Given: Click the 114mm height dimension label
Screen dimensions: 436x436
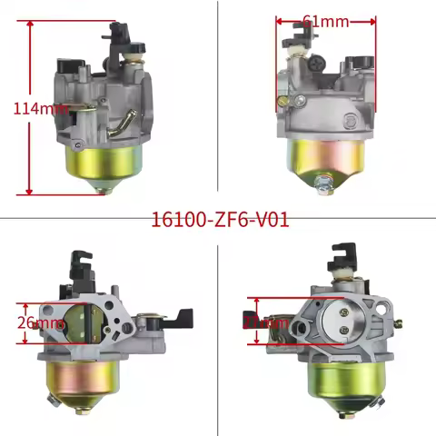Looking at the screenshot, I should [x=40, y=108].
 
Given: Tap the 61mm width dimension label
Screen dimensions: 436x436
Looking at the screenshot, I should [x=323, y=20].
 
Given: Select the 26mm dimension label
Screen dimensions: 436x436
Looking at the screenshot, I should [x=40, y=322].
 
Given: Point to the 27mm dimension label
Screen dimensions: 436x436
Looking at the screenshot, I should [x=266, y=322].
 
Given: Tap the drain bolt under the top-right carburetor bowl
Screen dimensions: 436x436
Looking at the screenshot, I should [x=322, y=184].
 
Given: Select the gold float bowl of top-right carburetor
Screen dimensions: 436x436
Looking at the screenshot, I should [x=326, y=154].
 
